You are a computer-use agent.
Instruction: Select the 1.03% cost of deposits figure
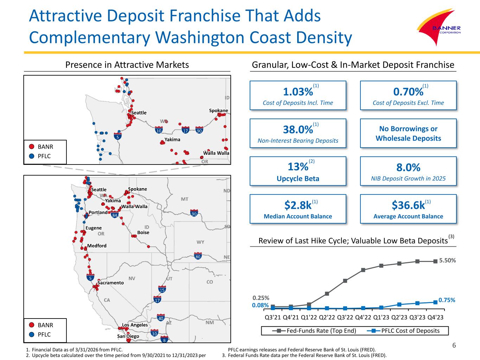(298, 92)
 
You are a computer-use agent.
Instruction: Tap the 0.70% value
(408, 92)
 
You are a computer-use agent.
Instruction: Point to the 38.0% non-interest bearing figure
(298, 130)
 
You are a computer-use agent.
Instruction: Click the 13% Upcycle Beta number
(298, 167)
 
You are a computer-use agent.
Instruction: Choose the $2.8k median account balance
(298, 205)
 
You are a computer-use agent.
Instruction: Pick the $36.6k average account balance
(408, 205)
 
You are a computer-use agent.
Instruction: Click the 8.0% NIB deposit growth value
(408, 168)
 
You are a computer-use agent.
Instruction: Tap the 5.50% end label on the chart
(447, 260)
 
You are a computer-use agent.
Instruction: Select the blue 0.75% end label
(447, 300)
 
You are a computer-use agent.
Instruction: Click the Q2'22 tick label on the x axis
(327, 317)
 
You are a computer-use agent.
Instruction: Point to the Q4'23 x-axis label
(435, 317)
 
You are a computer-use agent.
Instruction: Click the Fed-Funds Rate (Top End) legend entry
(314, 331)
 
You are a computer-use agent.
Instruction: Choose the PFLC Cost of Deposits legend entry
(403, 331)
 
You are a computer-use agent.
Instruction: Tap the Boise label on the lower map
(143, 232)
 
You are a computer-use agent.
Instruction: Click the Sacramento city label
(110, 283)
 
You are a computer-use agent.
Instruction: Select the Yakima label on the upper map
(172, 140)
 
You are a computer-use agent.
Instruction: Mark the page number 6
(454, 345)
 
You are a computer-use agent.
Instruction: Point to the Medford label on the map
(97, 246)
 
